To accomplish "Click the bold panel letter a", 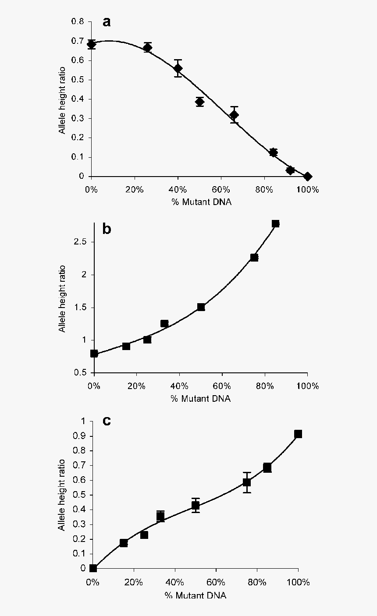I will [x=106, y=22].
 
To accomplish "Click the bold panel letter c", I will [x=106, y=421].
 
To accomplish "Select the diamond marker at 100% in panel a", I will [x=307, y=176].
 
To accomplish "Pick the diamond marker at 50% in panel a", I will [x=200, y=102].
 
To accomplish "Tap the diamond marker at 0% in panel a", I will [x=91, y=44].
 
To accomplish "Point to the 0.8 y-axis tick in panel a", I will [x=78, y=21].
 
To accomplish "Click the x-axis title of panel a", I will [x=199, y=202].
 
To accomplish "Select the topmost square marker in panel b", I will [x=275, y=223].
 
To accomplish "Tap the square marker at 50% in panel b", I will [x=201, y=307].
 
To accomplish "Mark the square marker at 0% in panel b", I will [x=94, y=353].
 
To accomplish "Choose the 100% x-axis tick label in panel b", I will [x=307, y=386].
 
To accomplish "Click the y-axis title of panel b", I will [x=63, y=298].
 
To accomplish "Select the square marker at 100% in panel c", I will [x=298, y=434].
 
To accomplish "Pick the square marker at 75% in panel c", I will [x=247, y=482].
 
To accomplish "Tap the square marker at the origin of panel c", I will [x=93, y=568].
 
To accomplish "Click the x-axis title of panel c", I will [x=196, y=595].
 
